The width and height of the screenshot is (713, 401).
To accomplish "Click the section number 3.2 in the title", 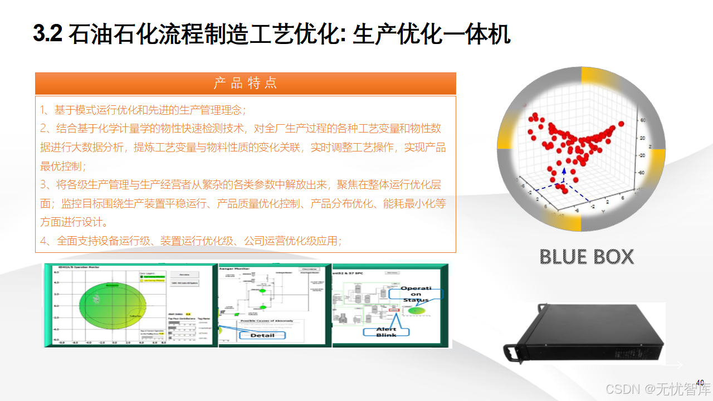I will pyautogui.click(x=47, y=35).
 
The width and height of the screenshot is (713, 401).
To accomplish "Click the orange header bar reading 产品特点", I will pyautogui.click(x=245, y=84).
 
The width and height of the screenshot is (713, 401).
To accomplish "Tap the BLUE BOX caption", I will pyautogui.click(x=587, y=257).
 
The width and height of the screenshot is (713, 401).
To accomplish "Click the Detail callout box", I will pyautogui.click(x=262, y=335).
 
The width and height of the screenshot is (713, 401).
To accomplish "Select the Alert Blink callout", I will pyautogui.click(x=386, y=331).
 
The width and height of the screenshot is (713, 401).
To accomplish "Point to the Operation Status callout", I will pyautogui.click(x=416, y=294).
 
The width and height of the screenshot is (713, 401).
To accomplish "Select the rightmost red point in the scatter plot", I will pyautogui.click(x=621, y=124).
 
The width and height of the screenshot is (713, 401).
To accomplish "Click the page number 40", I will pyautogui.click(x=700, y=382).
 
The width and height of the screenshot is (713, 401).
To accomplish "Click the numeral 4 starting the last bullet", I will pyautogui.click(x=43, y=241).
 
